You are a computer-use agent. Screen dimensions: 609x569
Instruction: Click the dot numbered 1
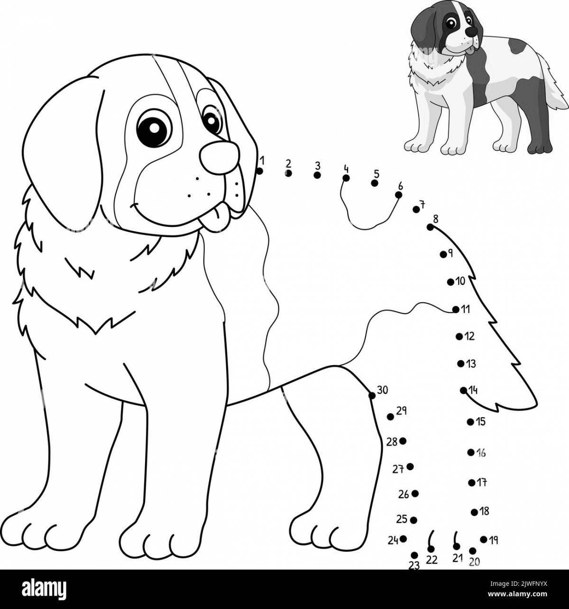[259, 171]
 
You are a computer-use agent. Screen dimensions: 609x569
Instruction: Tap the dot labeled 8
[430, 227]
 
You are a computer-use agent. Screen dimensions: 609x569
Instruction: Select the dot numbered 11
[456, 309]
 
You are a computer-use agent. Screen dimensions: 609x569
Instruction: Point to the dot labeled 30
[372, 395]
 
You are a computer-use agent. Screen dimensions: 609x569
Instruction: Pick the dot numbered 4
[346, 178]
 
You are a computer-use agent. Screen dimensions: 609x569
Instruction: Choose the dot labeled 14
[463, 391]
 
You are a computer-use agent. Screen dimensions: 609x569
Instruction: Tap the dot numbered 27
[410, 466]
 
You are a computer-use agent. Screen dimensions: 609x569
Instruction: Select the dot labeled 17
[471, 483]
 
